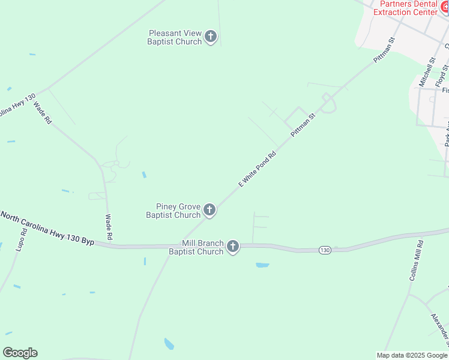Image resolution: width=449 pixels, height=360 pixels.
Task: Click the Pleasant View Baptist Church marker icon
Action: (x=210, y=37)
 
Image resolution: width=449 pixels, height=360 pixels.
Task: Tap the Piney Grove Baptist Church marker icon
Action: (x=209, y=209)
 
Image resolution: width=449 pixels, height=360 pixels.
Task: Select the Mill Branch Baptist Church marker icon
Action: (x=232, y=246)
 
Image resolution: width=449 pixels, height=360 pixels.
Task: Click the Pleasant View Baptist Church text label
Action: (x=175, y=37)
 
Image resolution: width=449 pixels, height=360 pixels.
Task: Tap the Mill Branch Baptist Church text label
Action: (x=196, y=248)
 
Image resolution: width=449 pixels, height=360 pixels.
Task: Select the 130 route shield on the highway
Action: (x=325, y=250)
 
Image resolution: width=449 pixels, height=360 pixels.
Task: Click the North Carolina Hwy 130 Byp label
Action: (x=47, y=229)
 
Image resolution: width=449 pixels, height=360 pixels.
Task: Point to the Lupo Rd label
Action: (x=23, y=239)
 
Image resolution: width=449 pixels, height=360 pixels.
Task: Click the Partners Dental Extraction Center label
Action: (x=406, y=8)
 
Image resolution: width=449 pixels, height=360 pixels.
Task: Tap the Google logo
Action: (x=20, y=353)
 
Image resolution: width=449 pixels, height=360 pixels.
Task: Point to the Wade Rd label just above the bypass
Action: (x=109, y=227)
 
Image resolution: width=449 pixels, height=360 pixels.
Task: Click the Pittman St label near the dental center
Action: (x=384, y=52)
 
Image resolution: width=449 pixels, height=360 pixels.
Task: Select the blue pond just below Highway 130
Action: (x=262, y=265)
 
